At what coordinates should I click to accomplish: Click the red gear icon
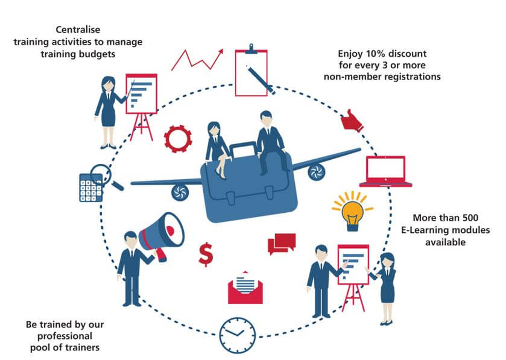pos(178,138)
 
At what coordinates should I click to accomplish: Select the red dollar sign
pos(206,253)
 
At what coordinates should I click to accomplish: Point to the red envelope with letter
pos(245,286)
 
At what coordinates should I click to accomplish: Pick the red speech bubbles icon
pos(281,242)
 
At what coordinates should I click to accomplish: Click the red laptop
pos(386,171)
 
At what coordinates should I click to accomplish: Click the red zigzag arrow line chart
pos(197,59)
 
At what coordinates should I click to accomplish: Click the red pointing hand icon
pos(352,121)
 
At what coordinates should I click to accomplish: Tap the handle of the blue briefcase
pos(245,147)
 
